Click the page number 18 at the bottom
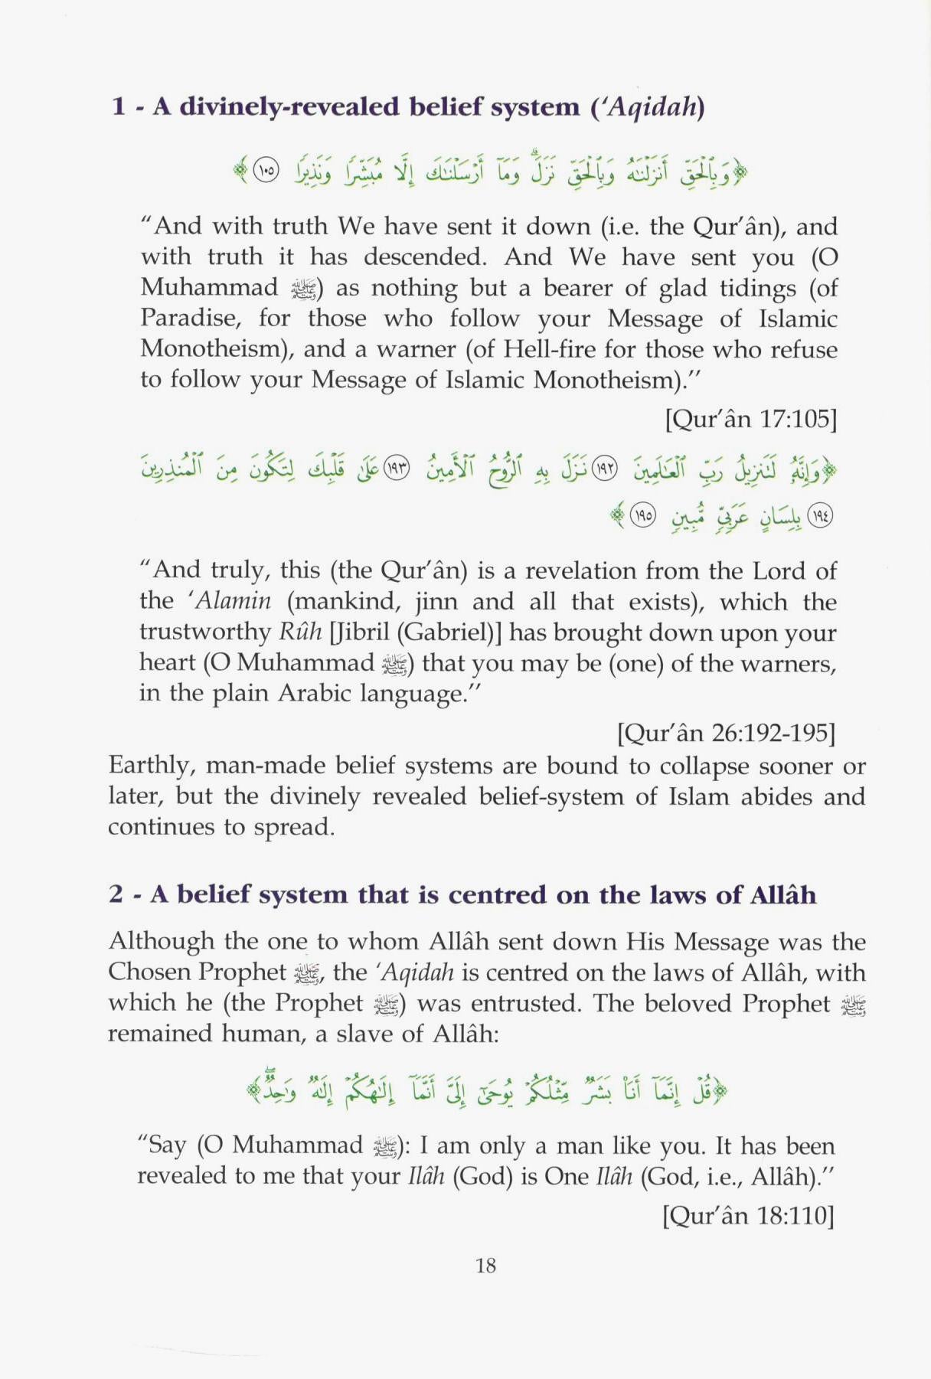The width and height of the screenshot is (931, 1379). pyautogui.click(x=485, y=1266)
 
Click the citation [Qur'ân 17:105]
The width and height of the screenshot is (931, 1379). pyautogui.click(x=750, y=419)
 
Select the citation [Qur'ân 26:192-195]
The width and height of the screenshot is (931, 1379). pyautogui.click(x=726, y=733)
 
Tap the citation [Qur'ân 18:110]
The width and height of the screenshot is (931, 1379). pyautogui.click(x=748, y=1215)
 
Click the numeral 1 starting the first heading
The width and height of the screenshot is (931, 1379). pyautogui.click(x=118, y=106)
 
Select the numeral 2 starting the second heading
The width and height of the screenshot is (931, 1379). pyautogui.click(x=116, y=894)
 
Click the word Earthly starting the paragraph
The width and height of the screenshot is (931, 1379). pyautogui.click(x=152, y=766)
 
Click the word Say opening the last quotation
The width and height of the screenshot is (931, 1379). pyautogui.click(x=166, y=1145)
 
